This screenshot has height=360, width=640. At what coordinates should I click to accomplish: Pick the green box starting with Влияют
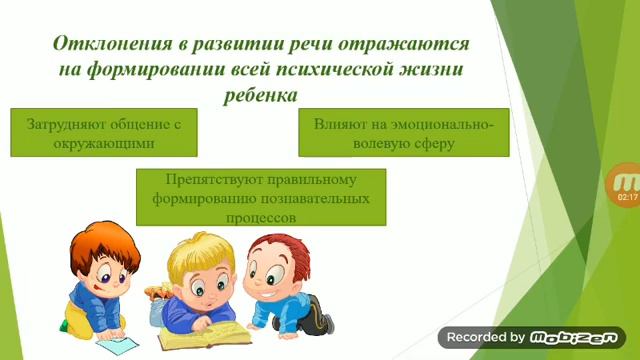click(x=403, y=133)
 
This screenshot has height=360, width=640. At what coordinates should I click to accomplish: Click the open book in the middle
click(x=220, y=329)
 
